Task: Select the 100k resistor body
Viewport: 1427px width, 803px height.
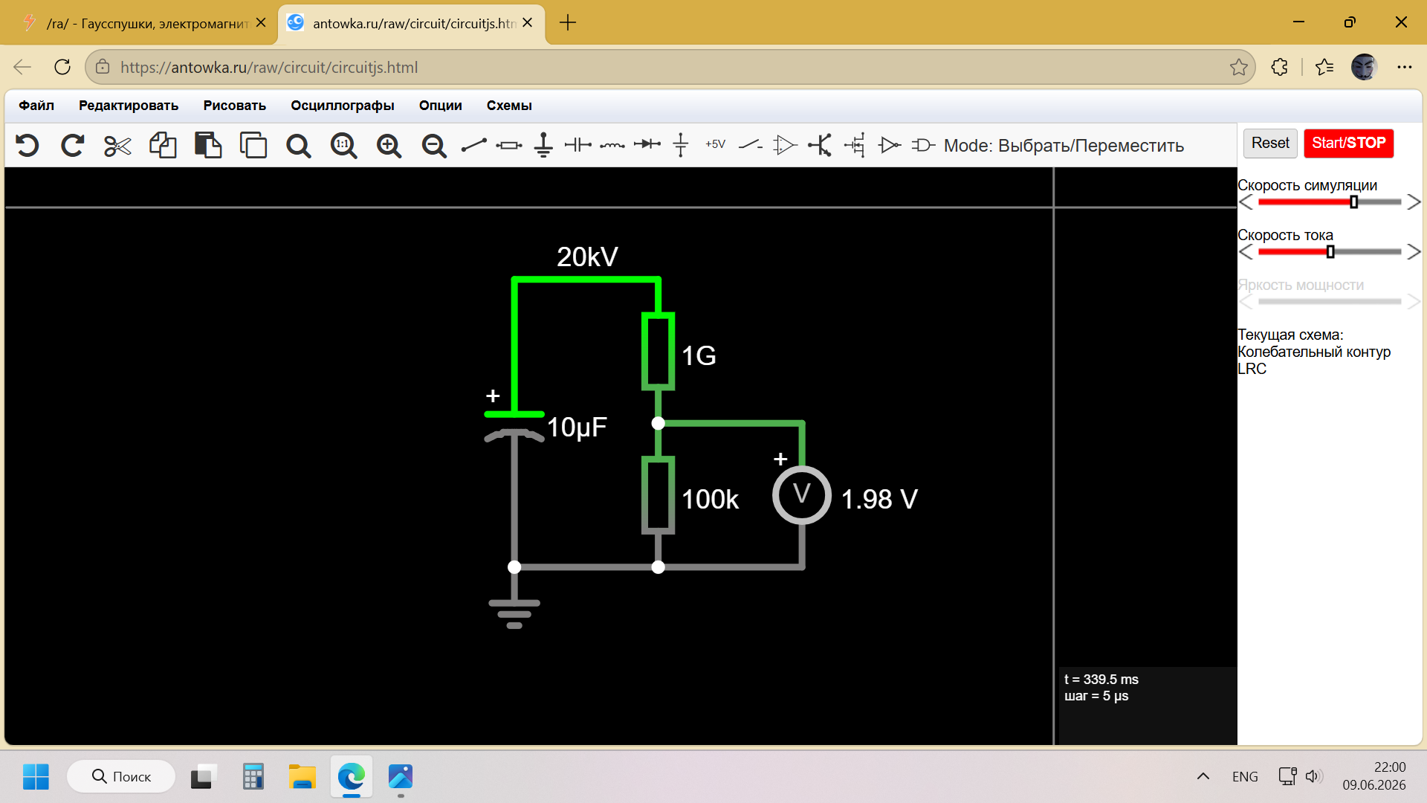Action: coord(658,495)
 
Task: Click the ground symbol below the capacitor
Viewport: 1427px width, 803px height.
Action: coord(514,614)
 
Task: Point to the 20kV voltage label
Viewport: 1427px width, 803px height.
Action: coord(587,257)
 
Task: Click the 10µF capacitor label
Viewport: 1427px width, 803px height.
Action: coord(577,427)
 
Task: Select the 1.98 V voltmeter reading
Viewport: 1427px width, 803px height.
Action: coord(879,499)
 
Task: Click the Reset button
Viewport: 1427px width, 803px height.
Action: coord(1270,143)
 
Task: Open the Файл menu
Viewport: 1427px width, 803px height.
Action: coord(36,106)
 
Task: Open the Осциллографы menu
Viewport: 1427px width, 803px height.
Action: coord(343,106)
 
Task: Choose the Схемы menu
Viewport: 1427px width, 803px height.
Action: coord(509,106)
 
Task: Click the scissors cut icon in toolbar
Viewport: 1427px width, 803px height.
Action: coord(117,146)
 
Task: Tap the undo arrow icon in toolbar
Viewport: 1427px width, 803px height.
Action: coord(27,145)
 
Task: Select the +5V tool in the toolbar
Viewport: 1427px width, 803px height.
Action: coord(715,144)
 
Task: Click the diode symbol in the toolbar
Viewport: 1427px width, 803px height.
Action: coord(647,144)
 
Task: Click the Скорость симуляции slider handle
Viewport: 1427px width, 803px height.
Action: coord(1353,202)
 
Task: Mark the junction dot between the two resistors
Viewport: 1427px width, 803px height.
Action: coord(658,423)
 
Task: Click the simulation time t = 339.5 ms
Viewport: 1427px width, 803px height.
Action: coord(1101,680)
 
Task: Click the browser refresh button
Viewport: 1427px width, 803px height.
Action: coord(62,67)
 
